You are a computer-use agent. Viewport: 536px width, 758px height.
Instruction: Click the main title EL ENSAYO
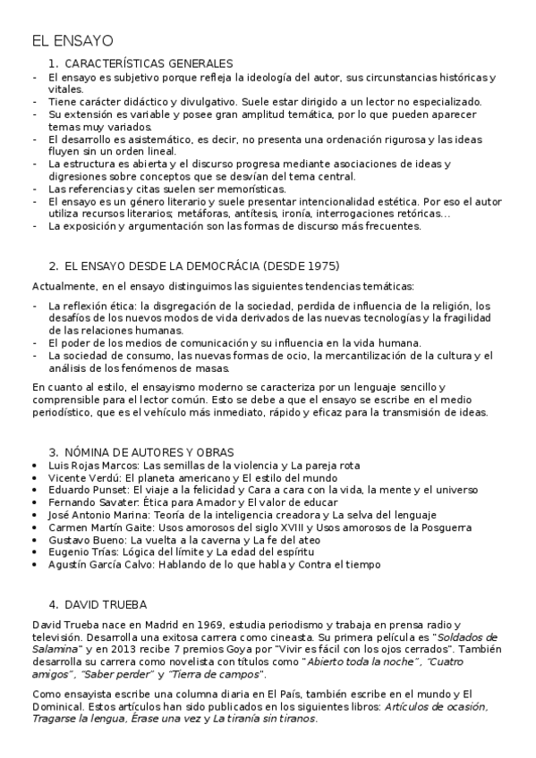[72, 41]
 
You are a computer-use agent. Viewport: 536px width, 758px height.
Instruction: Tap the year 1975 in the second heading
[324, 266]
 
